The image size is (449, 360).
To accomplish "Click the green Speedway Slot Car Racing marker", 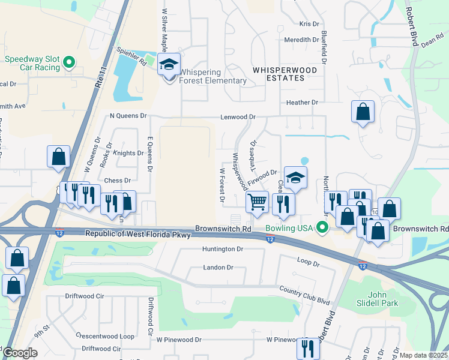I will (x=69, y=61).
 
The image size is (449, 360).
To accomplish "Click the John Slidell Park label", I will (x=385, y=299).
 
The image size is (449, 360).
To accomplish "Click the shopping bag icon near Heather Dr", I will (x=363, y=112).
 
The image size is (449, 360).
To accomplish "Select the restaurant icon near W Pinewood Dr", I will (x=307, y=347).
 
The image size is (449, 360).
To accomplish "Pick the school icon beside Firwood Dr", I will (x=295, y=178).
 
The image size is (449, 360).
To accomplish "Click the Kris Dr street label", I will (x=309, y=24).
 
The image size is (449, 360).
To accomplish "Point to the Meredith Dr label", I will (x=301, y=40).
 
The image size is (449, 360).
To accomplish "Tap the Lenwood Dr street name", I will (x=238, y=117).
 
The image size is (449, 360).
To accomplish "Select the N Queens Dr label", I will (x=128, y=115).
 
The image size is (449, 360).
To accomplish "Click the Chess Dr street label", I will (x=118, y=180).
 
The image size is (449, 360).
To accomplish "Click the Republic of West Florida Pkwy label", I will (x=137, y=234).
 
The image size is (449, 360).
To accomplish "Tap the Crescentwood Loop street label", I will (x=105, y=337).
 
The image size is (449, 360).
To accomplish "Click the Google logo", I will (x=20, y=353).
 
